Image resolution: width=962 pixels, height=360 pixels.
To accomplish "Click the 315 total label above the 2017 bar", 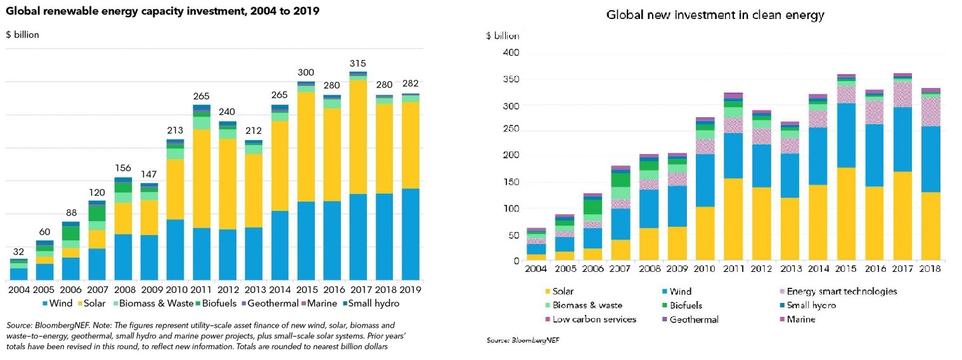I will click(x=358, y=63).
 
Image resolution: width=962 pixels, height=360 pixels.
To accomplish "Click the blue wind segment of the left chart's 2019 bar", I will click(x=411, y=234).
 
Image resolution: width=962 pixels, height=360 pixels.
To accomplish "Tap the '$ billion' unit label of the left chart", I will click(x=23, y=35).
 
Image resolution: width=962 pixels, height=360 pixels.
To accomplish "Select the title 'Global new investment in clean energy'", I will click(x=715, y=15).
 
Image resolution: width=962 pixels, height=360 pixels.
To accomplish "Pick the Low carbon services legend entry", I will click(x=589, y=319).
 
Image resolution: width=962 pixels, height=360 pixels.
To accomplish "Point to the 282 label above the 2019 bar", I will click(x=411, y=84).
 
